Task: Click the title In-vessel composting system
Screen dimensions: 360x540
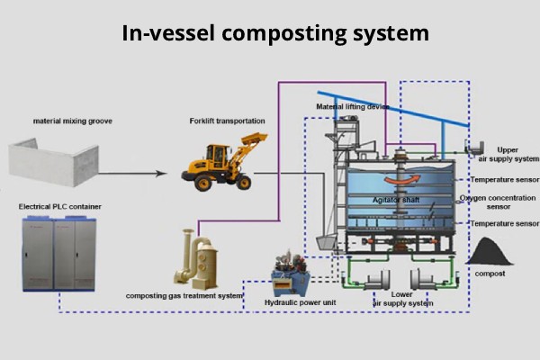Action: [270, 34]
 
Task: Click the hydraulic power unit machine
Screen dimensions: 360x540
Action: [293, 269]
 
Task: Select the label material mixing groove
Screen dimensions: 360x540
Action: [70, 121]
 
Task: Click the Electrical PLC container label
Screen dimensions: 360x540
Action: [60, 206]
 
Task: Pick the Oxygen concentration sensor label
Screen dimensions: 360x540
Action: [499, 202]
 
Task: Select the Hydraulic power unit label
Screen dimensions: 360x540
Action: [300, 302]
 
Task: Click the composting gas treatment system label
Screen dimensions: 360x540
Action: [184, 295]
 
